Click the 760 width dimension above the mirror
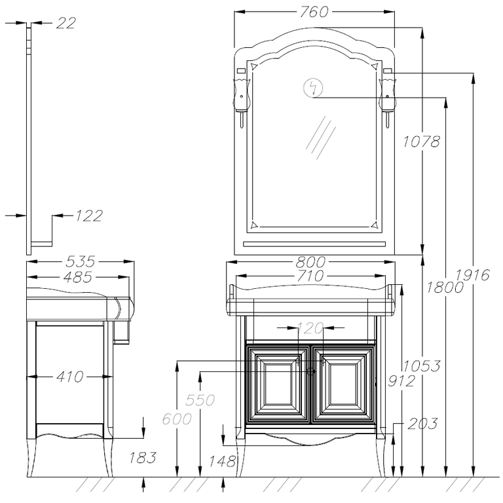pyautogui.click(x=314, y=12)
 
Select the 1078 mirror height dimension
pyautogui.click(x=421, y=141)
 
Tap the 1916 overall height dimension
pyautogui.click(x=472, y=275)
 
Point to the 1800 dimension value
pyautogui.click(x=445, y=287)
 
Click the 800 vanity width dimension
pyautogui.click(x=310, y=263)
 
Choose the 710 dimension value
pyautogui.click(x=310, y=276)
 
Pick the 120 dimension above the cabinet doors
pyautogui.click(x=310, y=328)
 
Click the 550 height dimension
pyautogui.click(x=200, y=400)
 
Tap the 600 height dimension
pyautogui.click(x=177, y=419)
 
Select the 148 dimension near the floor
pyautogui.click(x=222, y=462)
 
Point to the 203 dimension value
pyautogui.click(x=422, y=424)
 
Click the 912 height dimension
pyautogui.click(x=401, y=381)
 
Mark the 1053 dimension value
pyautogui.click(x=422, y=365)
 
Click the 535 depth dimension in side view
pyautogui.click(x=80, y=261)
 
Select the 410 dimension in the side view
pyautogui.click(x=70, y=377)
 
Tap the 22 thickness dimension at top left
pyautogui.click(x=66, y=23)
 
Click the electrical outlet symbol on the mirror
pyautogui.click(x=313, y=88)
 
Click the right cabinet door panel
pyautogui.click(x=343, y=384)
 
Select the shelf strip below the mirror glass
pyautogui.click(x=314, y=244)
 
